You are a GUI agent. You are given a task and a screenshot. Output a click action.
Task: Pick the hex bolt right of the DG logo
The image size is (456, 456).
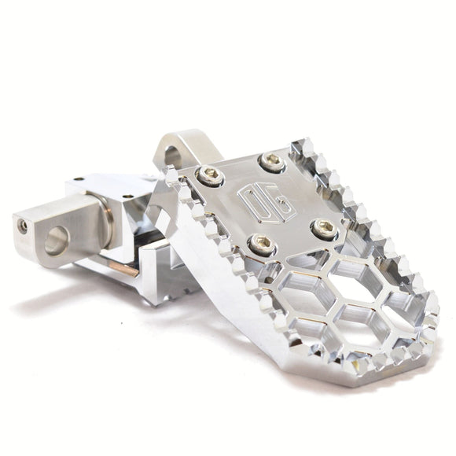pyautogui.click(x=323, y=228)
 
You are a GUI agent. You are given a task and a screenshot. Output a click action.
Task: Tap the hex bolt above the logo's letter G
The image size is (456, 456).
pyautogui.click(x=271, y=164)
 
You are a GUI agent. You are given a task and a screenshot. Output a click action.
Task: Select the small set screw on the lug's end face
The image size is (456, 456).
pyautogui.click(x=24, y=225)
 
